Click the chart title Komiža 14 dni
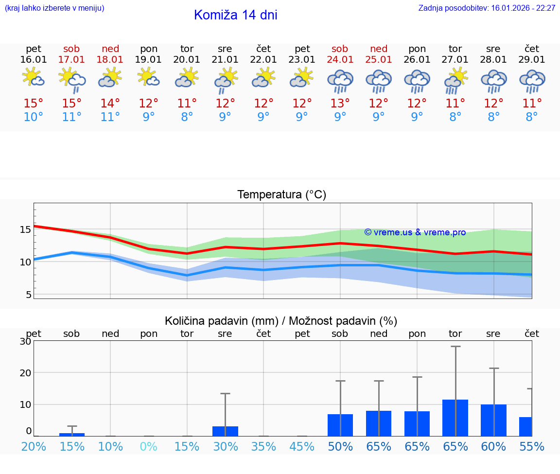[x=235, y=15]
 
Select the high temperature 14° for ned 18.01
[x=110, y=104]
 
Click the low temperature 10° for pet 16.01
[x=34, y=117]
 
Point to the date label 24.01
[x=340, y=60]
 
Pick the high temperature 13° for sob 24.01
[x=340, y=104]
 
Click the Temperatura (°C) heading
[x=281, y=195]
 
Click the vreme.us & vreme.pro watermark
[x=415, y=232]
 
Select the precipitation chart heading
[x=281, y=321]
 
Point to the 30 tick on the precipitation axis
[x=25, y=341]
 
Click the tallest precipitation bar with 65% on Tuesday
[x=455, y=418]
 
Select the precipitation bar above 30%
[x=225, y=431]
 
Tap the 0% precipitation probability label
[x=149, y=447]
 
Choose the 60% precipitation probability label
[x=493, y=447]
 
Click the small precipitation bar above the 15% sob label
[x=72, y=434]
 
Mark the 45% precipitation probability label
[x=302, y=447]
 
